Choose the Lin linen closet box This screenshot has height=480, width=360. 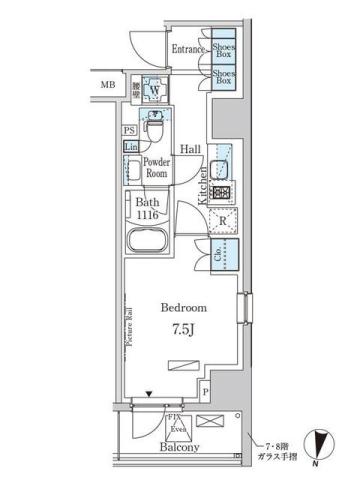pos(131,146)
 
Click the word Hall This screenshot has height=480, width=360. pos(191,148)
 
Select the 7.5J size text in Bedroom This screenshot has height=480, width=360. pos(180,327)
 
